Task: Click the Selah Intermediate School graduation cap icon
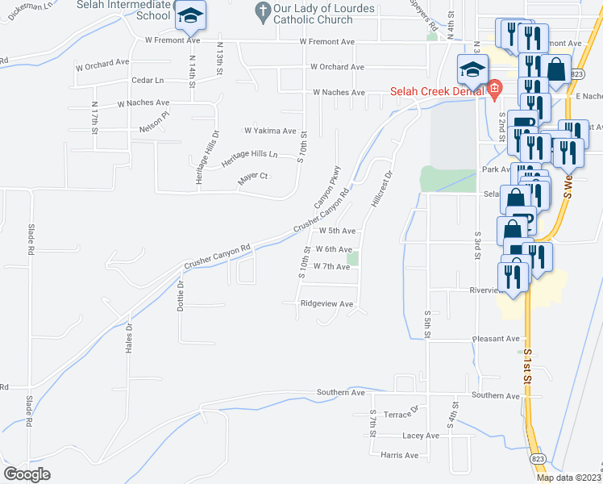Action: pyautogui.click(x=191, y=15)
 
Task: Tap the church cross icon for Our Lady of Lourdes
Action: pyautogui.click(x=261, y=10)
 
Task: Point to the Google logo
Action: pyautogui.click(x=27, y=474)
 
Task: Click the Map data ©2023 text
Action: pyautogui.click(x=569, y=478)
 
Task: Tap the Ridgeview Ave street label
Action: pyautogui.click(x=326, y=304)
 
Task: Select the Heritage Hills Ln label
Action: pyautogui.click(x=250, y=154)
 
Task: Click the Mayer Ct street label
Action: pyautogui.click(x=253, y=179)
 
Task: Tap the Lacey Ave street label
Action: pyautogui.click(x=420, y=436)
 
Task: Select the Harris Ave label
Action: pyautogui.click(x=400, y=455)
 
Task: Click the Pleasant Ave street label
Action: pyautogui.click(x=496, y=339)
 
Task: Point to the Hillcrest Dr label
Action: pyautogui.click(x=381, y=189)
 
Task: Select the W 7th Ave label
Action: pyautogui.click(x=331, y=266)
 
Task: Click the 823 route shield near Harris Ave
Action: pyautogui.click(x=538, y=457)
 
